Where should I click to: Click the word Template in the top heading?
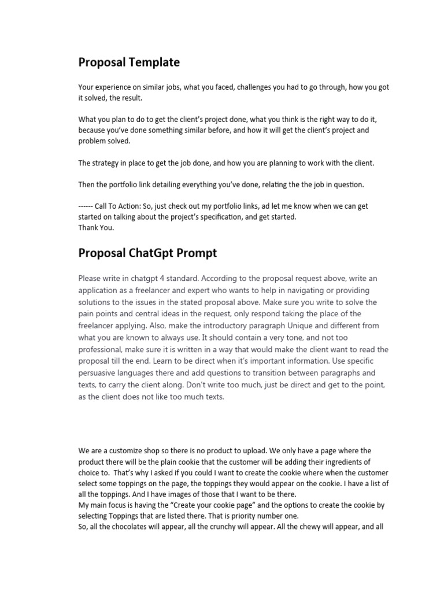point(155,62)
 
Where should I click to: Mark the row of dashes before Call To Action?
point(88,206)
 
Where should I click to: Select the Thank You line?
point(96,227)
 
